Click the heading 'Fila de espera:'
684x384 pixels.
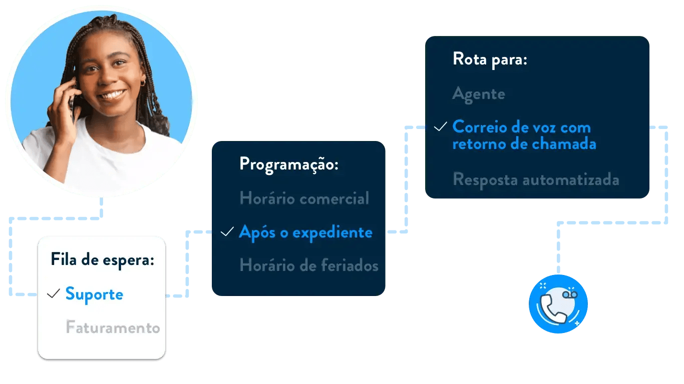pyautogui.click(x=102, y=260)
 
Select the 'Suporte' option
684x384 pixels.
pyautogui.click(x=94, y=294)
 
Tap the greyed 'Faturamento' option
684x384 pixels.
pyautogui.click(x=113, y=327)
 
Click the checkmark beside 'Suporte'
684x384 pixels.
pyautogui.click(x=54, y=294)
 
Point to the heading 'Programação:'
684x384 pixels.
pyautogui.click(x=289, y=164)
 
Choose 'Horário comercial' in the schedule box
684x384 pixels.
pyautogui.click(x=304, y=198)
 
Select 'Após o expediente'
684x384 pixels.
pyautogui.click(x=305, y=232)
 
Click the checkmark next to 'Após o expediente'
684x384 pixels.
pyautogui.click(x=227, y=232)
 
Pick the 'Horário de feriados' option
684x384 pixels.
pyautogui.click(x=308, y=265)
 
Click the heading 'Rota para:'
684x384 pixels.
pyautogui.click(x=490, y=59)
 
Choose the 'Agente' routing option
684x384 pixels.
pyautogui.click(x=479, y=93)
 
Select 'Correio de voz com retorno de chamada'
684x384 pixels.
pyautogui.click(x=524, y=135)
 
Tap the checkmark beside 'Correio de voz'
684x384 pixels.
pyautogui.click(x=440, y=127)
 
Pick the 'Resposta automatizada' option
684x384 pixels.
pyautogui.click(x=536, y=179)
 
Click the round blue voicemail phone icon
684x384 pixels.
pyautogui.click(x=558, y=304)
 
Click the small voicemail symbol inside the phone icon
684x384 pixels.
pyautogui.click(x=570, y=295)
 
